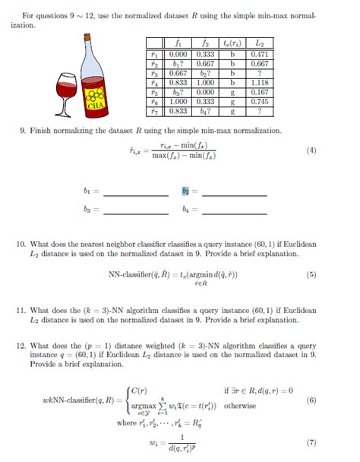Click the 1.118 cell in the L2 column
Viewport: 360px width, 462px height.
[261, 84]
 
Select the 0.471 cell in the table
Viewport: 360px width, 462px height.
[261, 55]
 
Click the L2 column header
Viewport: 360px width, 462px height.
[261, 44]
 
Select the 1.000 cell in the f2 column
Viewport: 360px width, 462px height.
[204, 84]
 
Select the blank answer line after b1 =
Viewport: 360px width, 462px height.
[135, 195]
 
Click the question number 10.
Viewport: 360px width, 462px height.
[21, 244]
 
